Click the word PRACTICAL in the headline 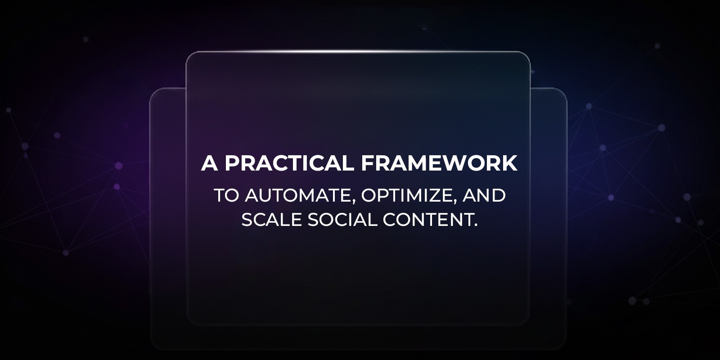point(289,163)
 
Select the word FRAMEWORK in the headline point(439,163)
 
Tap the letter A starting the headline point(209,163)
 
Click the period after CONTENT point(475,224)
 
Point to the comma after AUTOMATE point(351,201)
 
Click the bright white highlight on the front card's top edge point(358,52)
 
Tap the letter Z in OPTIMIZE point(436,196)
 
